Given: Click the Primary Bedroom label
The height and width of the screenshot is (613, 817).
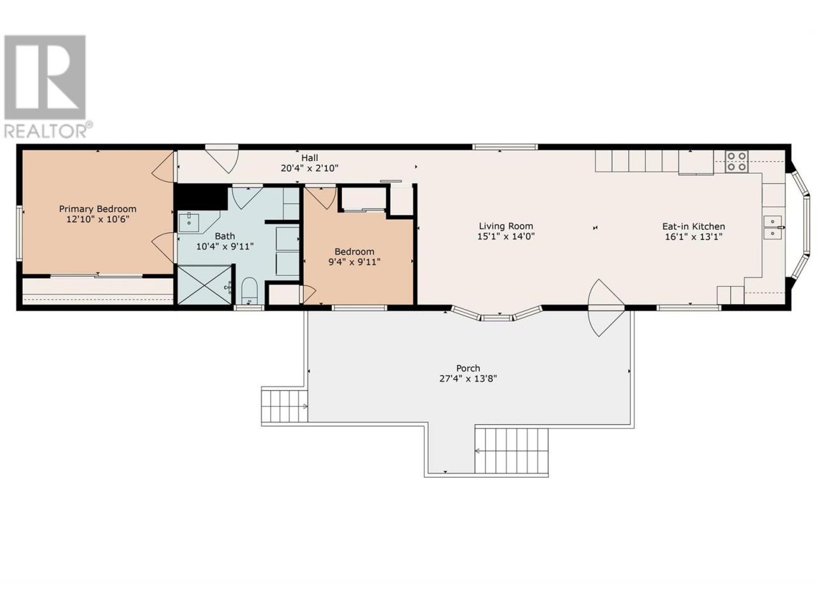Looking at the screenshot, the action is pos(98,209).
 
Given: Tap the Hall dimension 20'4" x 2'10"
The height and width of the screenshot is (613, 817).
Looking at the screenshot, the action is pos(310,168).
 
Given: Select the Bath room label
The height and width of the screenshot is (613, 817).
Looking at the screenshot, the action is pos(225,236).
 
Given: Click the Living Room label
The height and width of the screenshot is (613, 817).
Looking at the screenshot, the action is pos(506,226).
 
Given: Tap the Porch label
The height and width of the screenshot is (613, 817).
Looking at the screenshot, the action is pos(468,368).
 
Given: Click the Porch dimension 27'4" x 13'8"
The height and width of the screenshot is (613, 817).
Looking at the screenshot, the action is pos(468,379).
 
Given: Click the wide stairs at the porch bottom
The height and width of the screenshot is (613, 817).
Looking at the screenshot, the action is pos(511,451).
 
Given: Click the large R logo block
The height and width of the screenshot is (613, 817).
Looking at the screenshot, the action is pos(45,77).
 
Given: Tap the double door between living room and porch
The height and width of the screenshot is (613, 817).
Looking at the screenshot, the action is pos(606,308).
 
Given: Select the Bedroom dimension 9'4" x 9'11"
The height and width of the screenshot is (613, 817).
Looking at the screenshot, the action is pos(354,262).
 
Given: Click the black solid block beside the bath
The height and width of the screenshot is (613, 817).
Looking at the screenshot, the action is pos(201,197).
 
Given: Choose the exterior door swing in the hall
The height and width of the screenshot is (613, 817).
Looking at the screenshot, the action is pos(222,159).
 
